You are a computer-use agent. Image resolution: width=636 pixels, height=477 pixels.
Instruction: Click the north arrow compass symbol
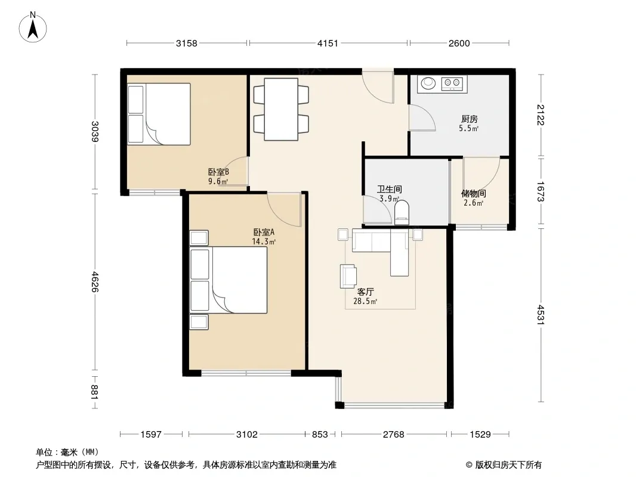(x=33, y=27)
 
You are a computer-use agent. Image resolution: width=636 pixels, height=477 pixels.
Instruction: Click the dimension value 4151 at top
(x=328, y=43)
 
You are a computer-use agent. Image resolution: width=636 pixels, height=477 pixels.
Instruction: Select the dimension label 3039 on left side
(x=95, y=132)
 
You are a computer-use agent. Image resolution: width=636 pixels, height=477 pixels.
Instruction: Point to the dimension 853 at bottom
(x=320, y=435)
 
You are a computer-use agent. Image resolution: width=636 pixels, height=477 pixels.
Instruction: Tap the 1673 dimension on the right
(x=541, y=191)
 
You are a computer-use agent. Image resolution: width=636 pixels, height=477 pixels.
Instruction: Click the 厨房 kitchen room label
(x=470, y=119)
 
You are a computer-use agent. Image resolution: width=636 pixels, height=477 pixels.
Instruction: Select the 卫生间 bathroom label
(x=390, y=189)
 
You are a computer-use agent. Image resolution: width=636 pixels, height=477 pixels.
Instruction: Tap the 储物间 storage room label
(x=473, y=193)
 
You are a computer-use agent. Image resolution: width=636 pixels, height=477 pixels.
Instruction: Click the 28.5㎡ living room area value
(x=365, y=301)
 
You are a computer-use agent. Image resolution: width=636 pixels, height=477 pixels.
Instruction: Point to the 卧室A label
(x=264, y=232)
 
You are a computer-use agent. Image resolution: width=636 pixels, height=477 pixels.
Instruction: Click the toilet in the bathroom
(x=402, y=213)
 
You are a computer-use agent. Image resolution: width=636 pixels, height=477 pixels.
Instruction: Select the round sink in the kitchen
(x=428, y=83)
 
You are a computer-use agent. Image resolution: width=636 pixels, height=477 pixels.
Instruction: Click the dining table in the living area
(x=281, y=109)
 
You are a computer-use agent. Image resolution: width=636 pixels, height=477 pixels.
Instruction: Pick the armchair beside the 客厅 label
(x=348, y=276)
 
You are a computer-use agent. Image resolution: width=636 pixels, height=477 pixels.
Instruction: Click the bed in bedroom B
(x=159, y=114)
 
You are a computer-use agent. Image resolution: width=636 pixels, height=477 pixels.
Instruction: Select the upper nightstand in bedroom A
(x=199, y=238)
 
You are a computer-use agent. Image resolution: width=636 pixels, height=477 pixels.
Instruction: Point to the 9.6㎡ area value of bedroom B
(x=218, y=181)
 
